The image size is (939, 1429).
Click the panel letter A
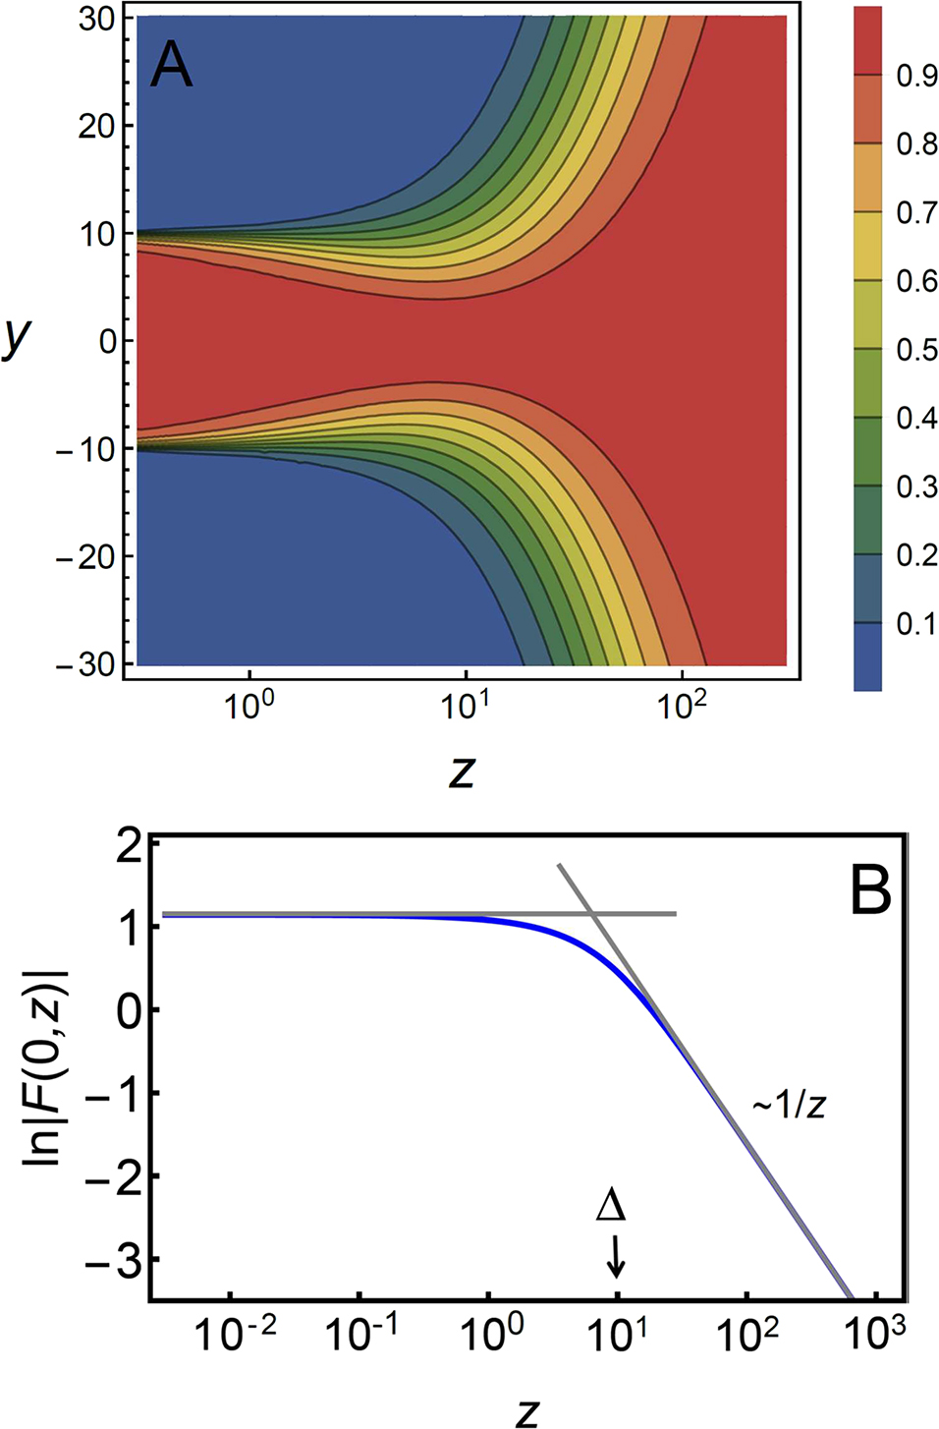click(171, 67)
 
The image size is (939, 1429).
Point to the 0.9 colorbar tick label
click(916, 76)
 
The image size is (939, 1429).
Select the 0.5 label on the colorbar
click(916, 350)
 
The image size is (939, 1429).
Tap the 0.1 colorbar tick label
click(916, 624)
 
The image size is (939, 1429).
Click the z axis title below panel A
click(462, 771)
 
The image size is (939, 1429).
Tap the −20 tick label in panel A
click(86, 557)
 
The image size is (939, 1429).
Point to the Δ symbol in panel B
click(611, 1206)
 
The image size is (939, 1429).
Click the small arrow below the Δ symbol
click(616, 1256)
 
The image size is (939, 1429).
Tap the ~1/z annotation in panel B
click(789, 1105)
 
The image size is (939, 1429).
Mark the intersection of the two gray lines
click(594, 914)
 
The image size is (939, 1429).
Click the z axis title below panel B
click(527, 1411)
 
